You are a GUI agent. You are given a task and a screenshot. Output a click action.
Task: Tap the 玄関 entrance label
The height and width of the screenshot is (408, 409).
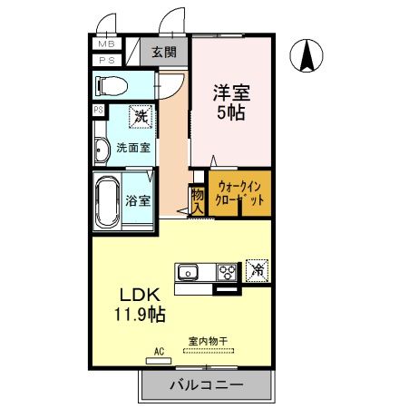click(164, 52)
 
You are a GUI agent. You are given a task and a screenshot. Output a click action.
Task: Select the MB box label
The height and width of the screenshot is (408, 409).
click(105, 44)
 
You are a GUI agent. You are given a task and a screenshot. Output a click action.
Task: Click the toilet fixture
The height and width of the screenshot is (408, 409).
click(112, 86)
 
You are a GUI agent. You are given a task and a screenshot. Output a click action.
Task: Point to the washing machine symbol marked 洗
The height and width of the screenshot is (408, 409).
click(141, 116)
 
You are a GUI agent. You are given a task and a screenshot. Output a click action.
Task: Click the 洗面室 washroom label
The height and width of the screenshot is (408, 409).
click(133, 148)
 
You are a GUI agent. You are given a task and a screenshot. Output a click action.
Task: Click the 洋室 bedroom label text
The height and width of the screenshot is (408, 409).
click(231, 92)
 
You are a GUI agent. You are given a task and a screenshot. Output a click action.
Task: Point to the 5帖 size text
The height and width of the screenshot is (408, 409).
click(231, 113)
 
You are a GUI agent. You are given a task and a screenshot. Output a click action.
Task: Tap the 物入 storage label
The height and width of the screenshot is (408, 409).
click(197, 199)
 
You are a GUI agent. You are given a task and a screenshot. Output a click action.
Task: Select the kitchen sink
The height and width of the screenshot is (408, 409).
click(190, 271)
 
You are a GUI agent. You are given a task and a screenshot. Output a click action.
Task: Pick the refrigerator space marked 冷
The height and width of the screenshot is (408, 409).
click(257, 270)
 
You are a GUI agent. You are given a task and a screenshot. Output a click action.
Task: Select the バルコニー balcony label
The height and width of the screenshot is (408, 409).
click(207, 385)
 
